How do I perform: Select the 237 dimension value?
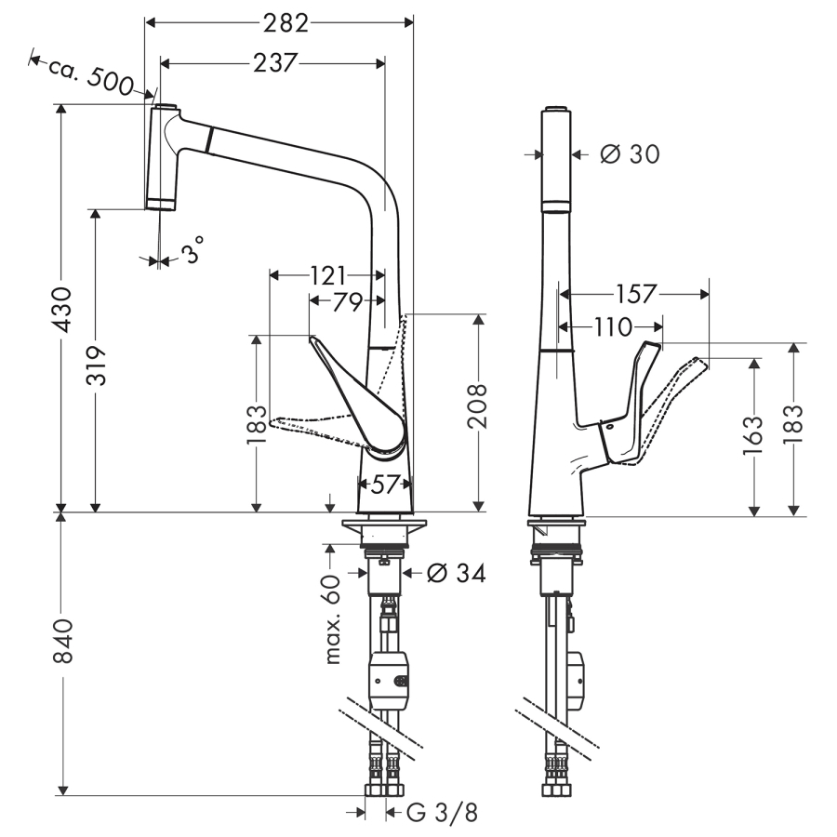point(273,62)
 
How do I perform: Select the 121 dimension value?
point(326,275)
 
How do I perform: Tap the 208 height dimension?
point(476,407)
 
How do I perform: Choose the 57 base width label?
point(385,484)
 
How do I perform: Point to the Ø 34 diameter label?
point(457,574)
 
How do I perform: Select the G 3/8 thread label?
point(443,814)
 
